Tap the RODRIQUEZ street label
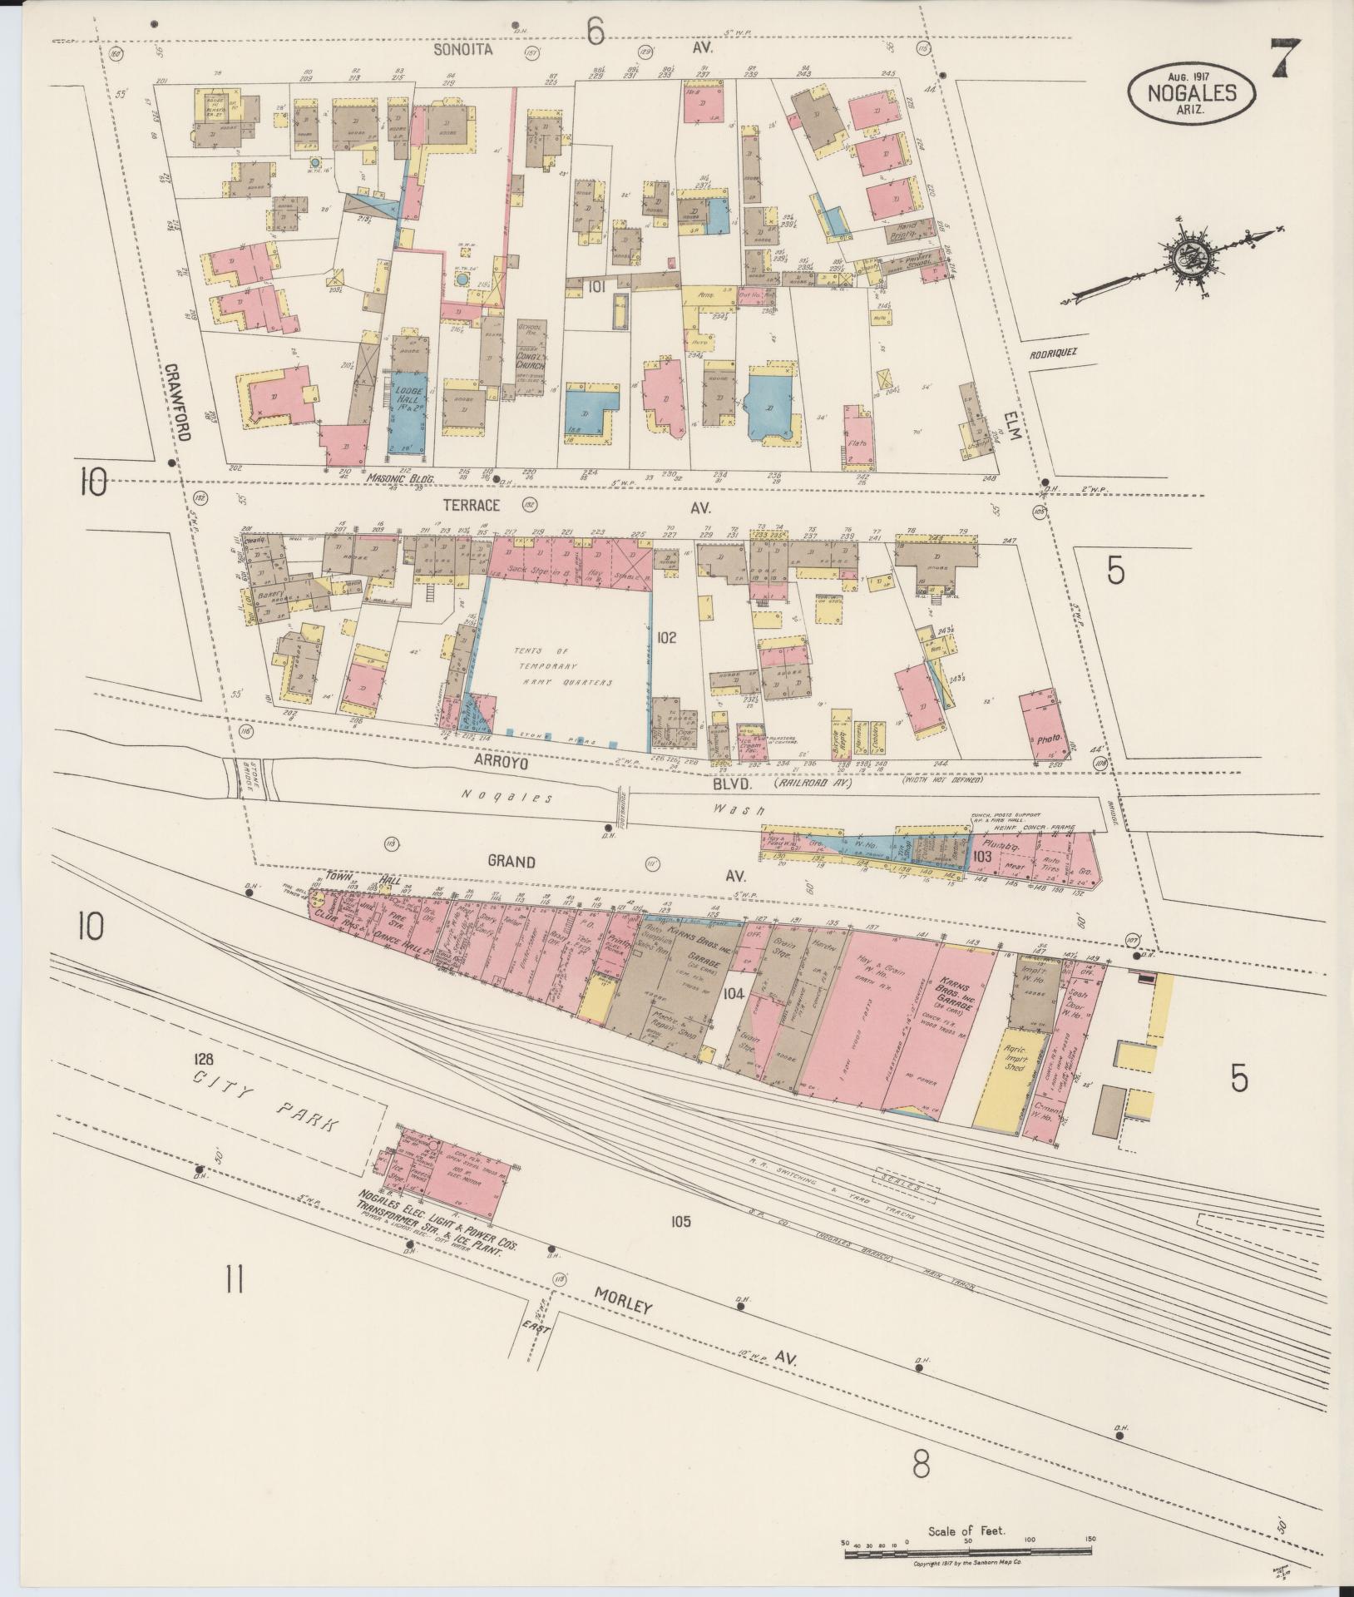click(x=1051, y=352)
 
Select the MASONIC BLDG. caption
click(x=393, y=478)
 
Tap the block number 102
click(x=666, y=638)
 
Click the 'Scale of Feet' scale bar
click(x=965, y=1549)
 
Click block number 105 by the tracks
click(x=679, y=1222)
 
